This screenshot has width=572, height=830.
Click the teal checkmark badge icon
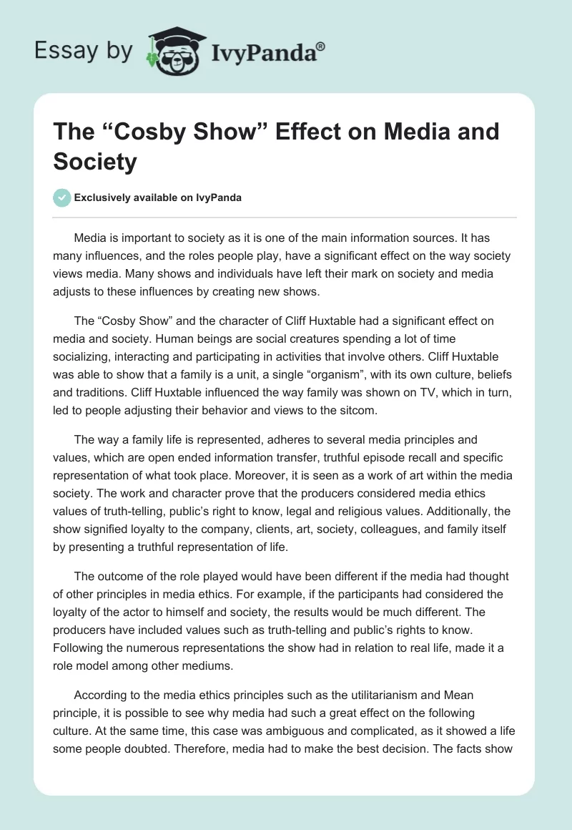[62, 197]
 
